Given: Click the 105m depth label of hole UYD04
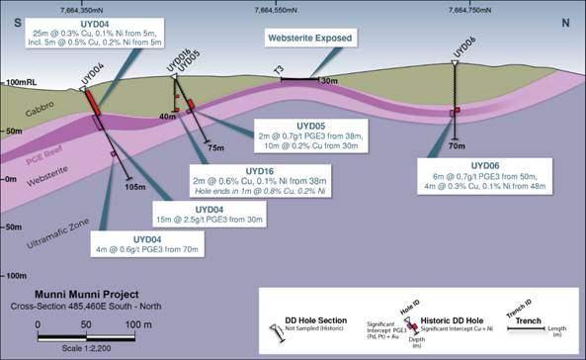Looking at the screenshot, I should pos(136,186).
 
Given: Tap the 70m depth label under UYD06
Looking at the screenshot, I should pos(457,145).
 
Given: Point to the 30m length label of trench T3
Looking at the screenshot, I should pos(329,81).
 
